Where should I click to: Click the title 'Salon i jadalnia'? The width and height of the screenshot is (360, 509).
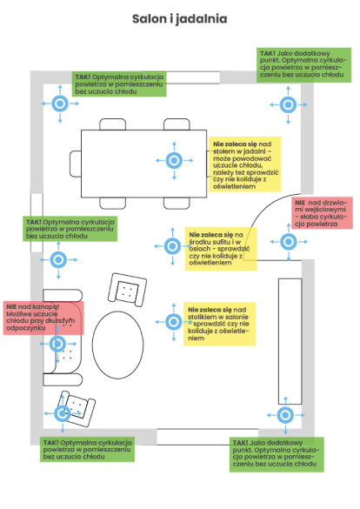click(x=179, y=19)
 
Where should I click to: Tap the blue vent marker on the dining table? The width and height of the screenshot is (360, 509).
click(x=174, y=160)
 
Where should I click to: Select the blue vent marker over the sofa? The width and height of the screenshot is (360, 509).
click(x=57, y=344)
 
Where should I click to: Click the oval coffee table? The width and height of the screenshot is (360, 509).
click(x=117, y=345)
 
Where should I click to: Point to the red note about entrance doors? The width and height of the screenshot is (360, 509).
click(x=322, y=213)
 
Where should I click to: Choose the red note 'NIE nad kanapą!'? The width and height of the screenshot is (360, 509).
click(x=43, y=318)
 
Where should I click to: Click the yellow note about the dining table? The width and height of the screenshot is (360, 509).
click(x=245, y=164)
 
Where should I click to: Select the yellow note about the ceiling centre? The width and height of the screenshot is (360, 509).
click(x=221, y=249)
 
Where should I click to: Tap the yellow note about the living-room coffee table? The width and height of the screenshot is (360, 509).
click(x=220, y=324)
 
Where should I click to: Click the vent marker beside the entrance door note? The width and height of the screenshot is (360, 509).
click(x=289, y=242)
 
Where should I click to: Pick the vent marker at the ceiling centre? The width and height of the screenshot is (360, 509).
click(x=172, y=246)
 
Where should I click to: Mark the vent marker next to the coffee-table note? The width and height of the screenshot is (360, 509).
click(x=174, y=322)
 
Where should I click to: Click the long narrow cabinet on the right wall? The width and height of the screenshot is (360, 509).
click(x=290, y=341)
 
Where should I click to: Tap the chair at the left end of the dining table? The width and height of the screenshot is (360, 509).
click(x=76, y=164)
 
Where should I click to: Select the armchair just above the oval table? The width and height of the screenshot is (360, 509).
click(x=127, y=290)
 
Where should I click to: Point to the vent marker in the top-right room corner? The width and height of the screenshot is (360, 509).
click(x=289, y=105)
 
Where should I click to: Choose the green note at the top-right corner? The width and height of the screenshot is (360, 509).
click(x=303, y=65)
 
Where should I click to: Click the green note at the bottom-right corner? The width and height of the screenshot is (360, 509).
click(x=277, y=454)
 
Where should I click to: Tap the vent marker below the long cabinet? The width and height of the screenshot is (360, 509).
click(x=285, y=415)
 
